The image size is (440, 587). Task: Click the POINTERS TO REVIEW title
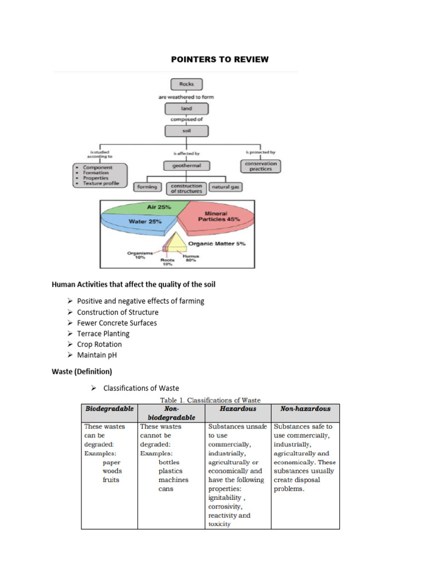tap(220, 60)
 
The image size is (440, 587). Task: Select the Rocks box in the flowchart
tap(186, 84)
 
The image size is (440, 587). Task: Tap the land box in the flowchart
tap(186, 108)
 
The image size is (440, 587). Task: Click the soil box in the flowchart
tap(186, 131)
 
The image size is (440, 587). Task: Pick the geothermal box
tap(186, 166)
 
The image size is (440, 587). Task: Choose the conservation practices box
tap(261, 166)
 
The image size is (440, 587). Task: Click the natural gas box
tap(225, 187)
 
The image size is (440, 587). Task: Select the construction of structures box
tap(186, 188)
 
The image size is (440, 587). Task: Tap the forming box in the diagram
tap(148, 187)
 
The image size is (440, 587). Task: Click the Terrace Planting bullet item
tap(103, 334)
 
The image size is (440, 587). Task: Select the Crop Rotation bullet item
tap(99, 345)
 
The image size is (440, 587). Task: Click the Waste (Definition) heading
tap(82, 371)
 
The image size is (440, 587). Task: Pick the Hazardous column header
tap(238, 409)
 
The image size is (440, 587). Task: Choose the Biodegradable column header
tap(109, 409)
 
